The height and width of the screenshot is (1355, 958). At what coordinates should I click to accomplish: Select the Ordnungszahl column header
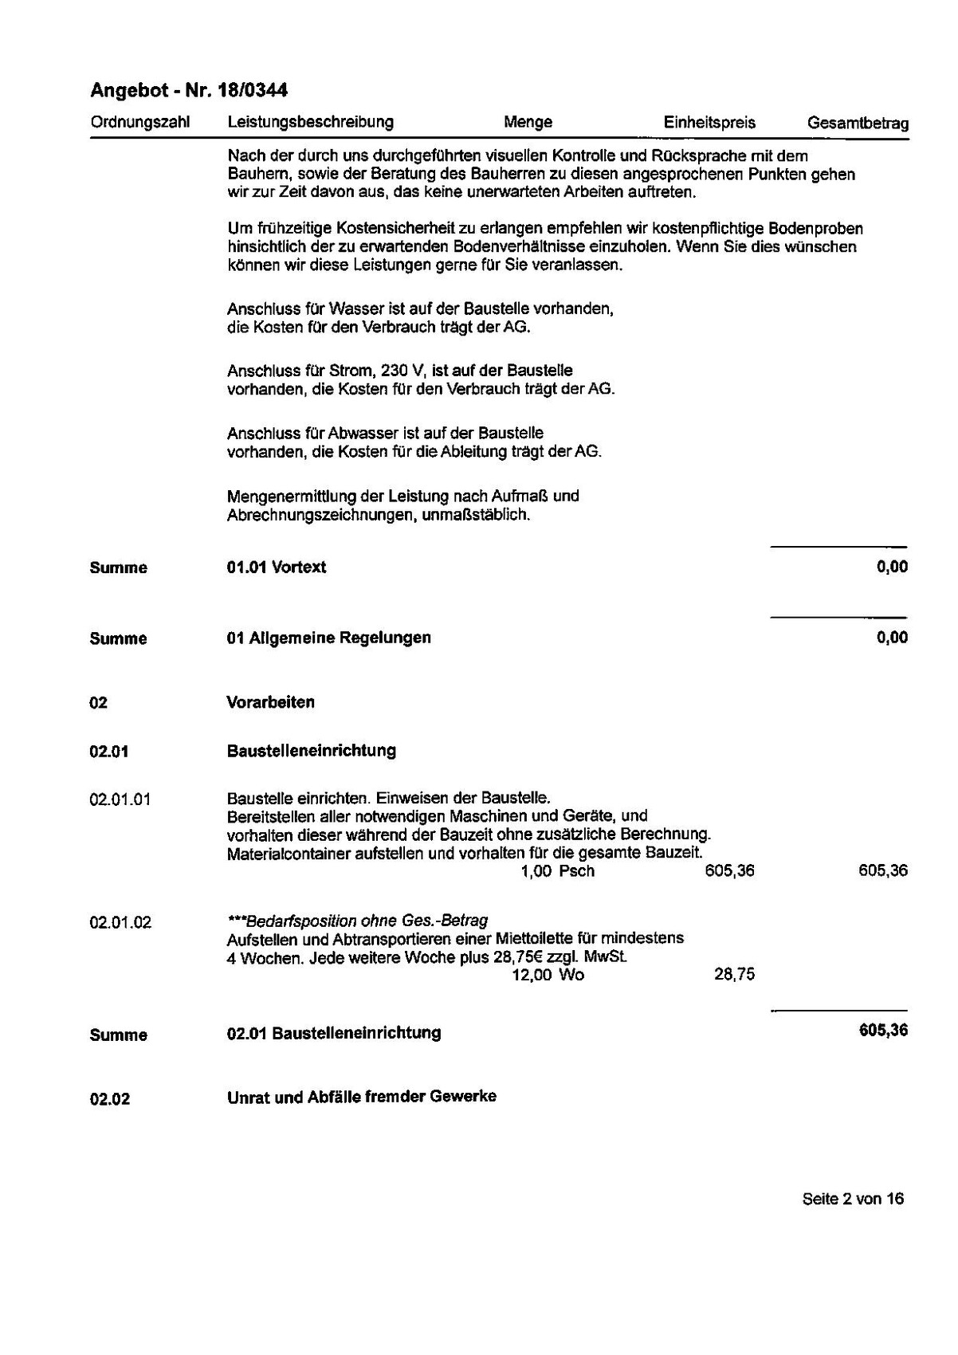point(140,123)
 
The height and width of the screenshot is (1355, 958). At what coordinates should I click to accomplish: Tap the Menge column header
point(528,123)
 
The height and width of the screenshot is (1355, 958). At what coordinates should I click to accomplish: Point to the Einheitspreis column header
point(709,123)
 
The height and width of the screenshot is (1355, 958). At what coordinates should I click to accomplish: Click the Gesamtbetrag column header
point(858,124)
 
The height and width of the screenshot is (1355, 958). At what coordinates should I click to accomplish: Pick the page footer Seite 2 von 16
point(853,1199)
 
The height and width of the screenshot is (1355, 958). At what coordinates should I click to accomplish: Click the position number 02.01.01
point(120,799)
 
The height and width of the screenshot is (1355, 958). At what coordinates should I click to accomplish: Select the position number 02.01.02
point(120,923)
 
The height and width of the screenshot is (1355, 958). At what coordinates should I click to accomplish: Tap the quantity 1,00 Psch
point(557,871)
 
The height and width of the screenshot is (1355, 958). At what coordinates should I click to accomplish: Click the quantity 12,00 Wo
point(548,975)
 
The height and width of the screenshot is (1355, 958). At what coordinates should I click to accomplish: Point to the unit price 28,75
point(734,974)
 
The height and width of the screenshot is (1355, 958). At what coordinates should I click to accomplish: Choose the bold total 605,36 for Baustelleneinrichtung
point(883,1031)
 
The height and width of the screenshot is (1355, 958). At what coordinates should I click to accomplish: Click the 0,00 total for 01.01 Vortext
point(892,568)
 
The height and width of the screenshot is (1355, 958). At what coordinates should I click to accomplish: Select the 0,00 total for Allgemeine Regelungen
point(892,638)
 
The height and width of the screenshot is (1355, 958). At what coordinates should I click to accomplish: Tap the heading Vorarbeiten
point(271,702)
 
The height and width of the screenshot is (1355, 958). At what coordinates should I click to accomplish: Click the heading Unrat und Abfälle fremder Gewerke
point(362,1097)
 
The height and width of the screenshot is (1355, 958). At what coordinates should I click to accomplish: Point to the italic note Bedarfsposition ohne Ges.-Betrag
point(358,921)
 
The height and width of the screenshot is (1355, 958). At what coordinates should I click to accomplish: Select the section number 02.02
point(110,1099)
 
